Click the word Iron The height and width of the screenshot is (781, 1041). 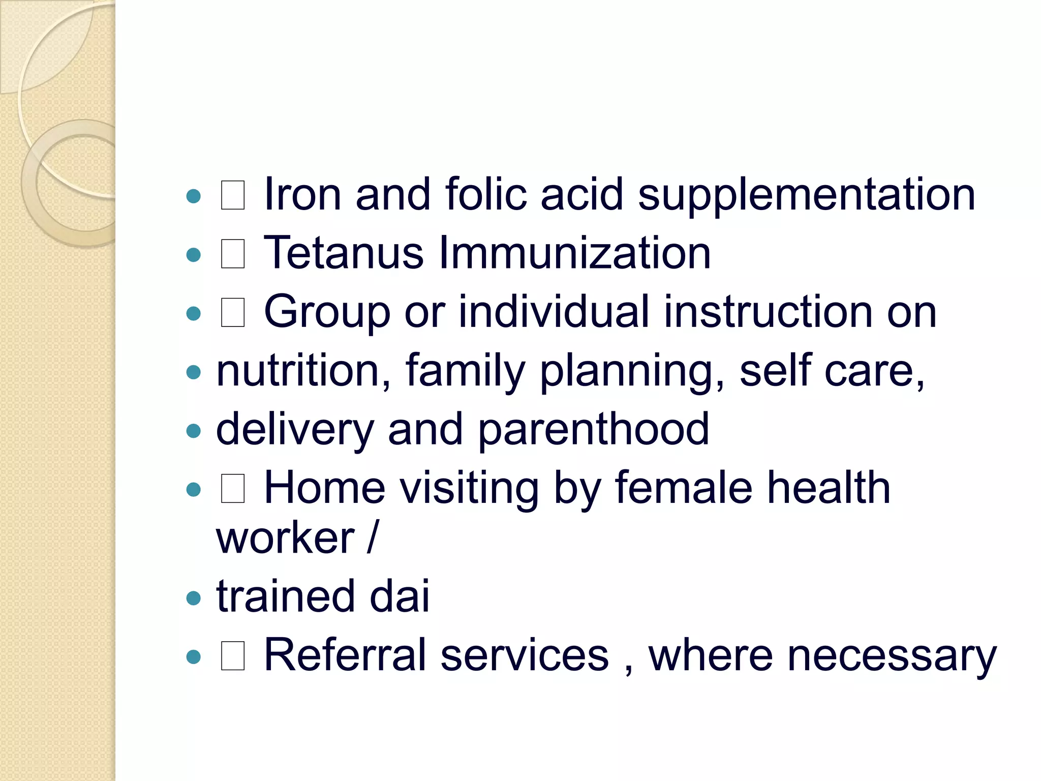[302, 194]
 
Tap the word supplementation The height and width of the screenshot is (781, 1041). [807, 195]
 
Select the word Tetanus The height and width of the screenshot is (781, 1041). [344, 253]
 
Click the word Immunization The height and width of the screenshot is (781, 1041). [574, 253]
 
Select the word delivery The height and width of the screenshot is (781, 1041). [295, 430]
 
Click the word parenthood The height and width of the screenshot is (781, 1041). [593, 430]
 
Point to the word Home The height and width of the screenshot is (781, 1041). [325, 488]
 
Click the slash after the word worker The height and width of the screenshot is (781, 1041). [373, 537]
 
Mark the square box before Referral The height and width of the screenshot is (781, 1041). [233, 656]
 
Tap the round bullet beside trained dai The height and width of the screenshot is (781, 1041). [194, 598]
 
